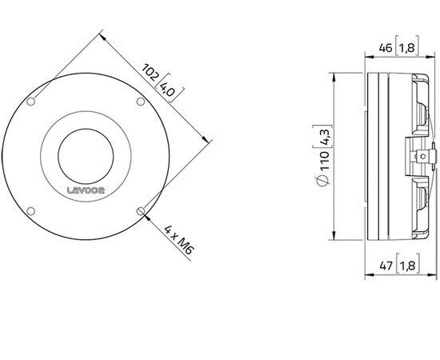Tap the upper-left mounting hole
(x=31, y=102)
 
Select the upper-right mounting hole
(x=141, y=102)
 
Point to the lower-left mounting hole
(x=31, y=211)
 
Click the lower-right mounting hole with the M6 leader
(x=141, y=211)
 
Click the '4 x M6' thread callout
(x=175, y=239)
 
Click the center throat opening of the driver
(x=86, y=156)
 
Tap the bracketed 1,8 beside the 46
(x=406, y=49)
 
